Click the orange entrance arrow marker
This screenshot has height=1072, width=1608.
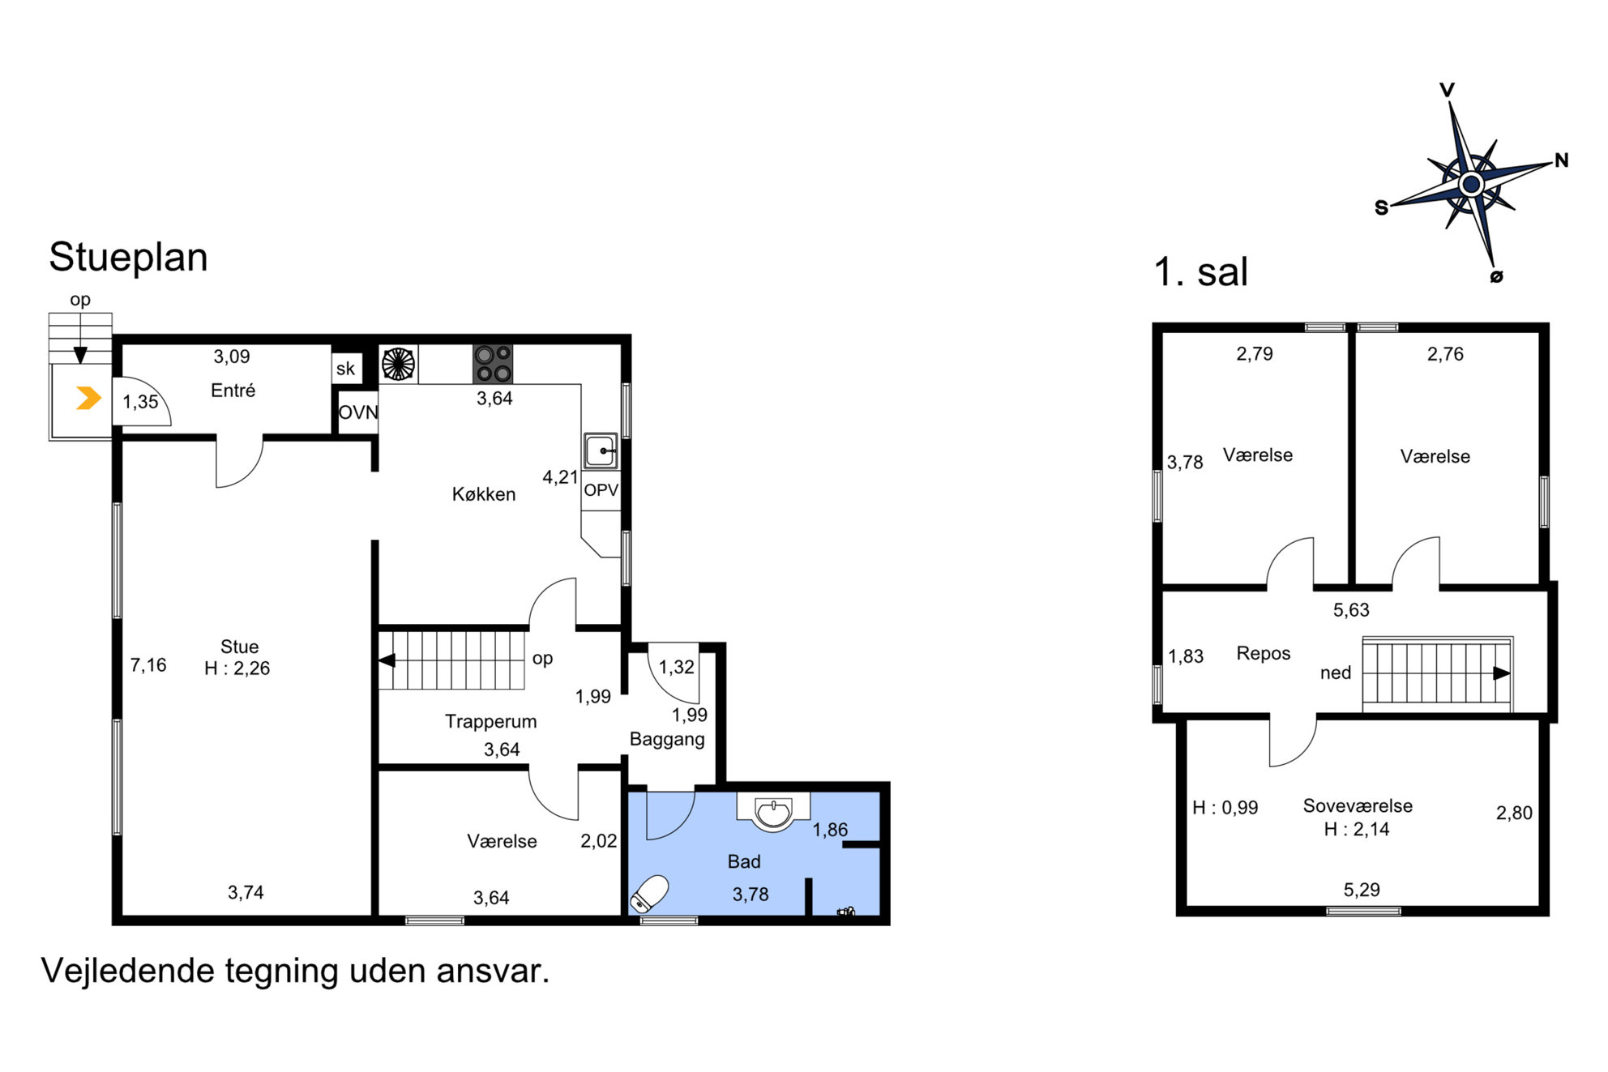coord(88,398)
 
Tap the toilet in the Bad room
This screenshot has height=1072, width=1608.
coord(650,895)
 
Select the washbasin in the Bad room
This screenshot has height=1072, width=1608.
coord(773,813)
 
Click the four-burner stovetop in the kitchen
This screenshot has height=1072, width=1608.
coord(493,364)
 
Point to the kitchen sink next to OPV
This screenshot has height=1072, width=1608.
coord(601,451)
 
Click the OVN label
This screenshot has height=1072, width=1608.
coord(357,412)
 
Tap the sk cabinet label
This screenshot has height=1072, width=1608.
coord(345,369)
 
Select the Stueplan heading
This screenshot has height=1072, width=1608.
coord(128,258)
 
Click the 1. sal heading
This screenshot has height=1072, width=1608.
coord(1200,272)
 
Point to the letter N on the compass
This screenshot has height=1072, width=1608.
coord(1562,160)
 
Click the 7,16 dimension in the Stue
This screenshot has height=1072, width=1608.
coord(148,665)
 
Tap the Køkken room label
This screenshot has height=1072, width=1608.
coord(484,494)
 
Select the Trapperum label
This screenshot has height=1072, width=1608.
coord(490,722)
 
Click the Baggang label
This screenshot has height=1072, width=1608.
coord(667,740)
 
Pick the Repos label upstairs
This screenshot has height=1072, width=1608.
coord(1264,654)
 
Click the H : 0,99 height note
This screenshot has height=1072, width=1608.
coord(1225,808)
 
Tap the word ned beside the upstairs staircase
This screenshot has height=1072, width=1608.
coord(1336,673)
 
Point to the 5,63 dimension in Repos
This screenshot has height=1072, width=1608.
coord(1351,610)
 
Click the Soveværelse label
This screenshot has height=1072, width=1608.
coord(1358,806)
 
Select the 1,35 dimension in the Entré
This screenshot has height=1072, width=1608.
coord(140,402)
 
